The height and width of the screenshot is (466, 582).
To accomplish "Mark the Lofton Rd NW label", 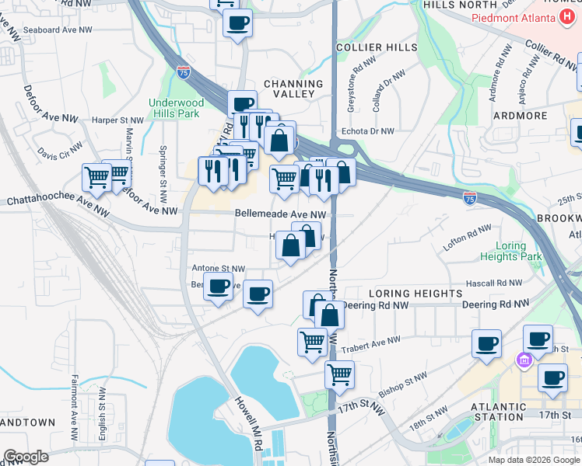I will click(468, 233).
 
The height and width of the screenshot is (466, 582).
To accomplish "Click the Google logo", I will click(26, 457).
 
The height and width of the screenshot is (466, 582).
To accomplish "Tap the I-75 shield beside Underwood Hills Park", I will click(183, 73).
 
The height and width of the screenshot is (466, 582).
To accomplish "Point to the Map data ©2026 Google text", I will click(534, 460).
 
